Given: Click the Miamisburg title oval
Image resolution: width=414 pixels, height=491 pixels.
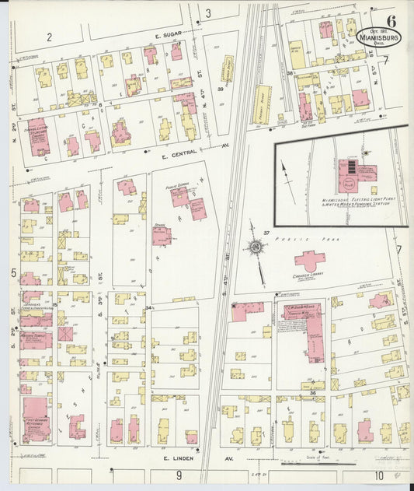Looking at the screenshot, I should (x=379, y=36).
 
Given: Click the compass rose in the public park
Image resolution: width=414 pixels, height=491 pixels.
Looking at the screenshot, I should (x=255, y=248).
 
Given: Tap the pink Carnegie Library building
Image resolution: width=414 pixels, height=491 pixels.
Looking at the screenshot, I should (x=309, y=261).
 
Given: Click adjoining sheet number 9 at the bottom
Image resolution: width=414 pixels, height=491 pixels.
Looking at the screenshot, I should (x=178, y=475).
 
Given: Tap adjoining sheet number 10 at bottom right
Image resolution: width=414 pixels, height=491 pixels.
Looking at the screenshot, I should (x=379, y=475).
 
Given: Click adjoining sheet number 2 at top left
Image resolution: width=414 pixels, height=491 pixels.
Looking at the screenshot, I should (x=48, y=37).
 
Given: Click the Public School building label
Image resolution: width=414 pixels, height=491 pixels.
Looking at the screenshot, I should (x=179, y=187).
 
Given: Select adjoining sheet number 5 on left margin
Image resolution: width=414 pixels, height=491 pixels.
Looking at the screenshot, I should (x=14, y=273).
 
